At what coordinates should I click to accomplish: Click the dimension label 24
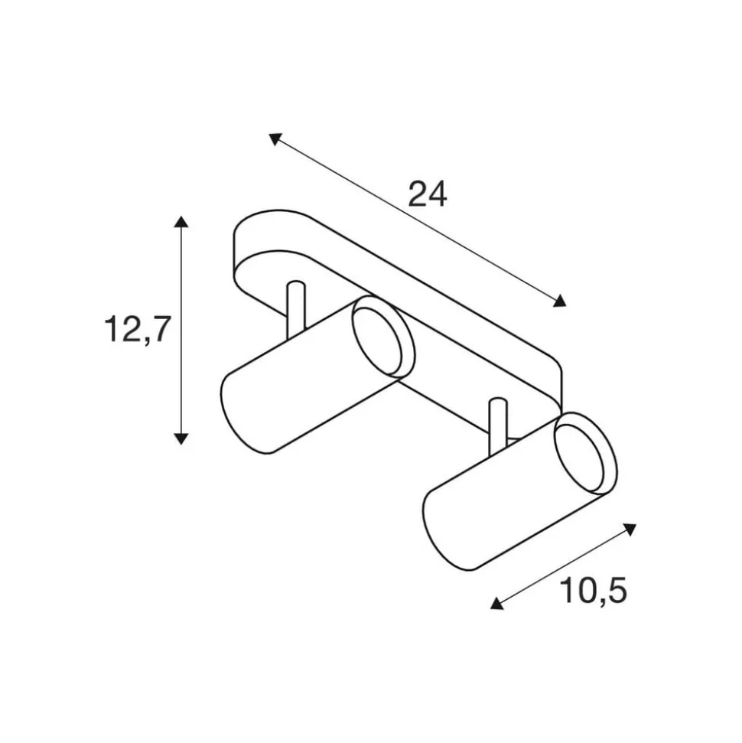[426, 195]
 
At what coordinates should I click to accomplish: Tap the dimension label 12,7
[136, 328]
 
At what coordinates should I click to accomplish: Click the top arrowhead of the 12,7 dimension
[181, 222]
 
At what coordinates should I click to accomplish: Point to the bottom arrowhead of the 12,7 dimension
[181, 438]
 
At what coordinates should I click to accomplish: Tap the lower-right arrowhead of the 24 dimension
[560, 301]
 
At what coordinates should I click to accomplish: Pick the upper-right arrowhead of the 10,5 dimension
[630, 529]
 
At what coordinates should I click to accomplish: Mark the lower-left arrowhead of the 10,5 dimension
[497, 604]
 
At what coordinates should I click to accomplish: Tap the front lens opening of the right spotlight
[584, 454]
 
